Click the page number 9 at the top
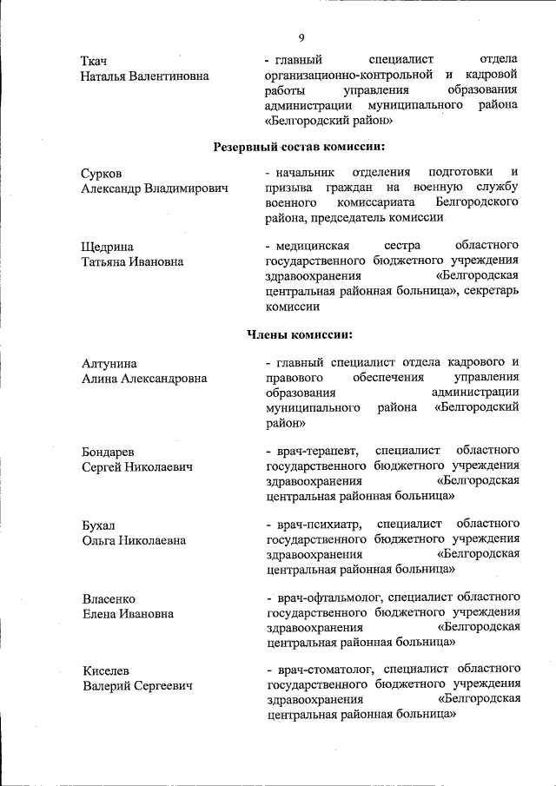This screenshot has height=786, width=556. tap(301, 37)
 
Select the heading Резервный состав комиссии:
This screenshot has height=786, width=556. tap(300, 146)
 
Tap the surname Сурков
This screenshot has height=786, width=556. tap(102, 174)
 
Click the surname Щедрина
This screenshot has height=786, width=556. tap(108, 247)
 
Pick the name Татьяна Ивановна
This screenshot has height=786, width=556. tap(132, 261)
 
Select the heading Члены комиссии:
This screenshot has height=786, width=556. tap(300, 334)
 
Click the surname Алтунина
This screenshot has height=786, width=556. tap(109, 363)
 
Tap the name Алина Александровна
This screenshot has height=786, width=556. tap(143, 378)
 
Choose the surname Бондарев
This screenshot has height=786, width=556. tap(108, 452)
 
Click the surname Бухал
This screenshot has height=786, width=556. tap(98, 525)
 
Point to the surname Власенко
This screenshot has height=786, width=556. tap(109, 598)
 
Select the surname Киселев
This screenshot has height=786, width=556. tap(106, 671)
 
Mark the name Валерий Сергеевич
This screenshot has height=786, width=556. tap(136, 686)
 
